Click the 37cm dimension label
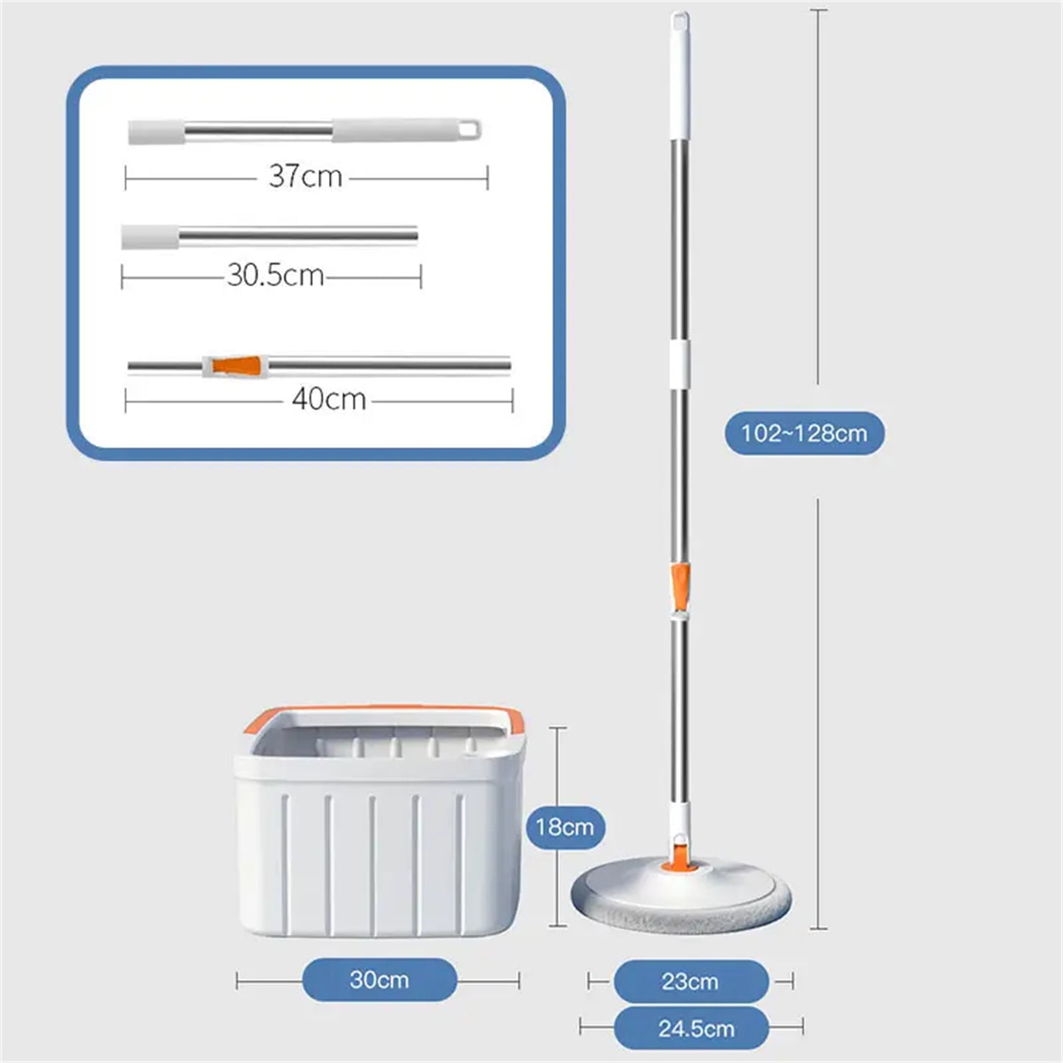coord(305,177)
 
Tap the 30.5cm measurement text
coord(275,275)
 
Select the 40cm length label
coord(328,399)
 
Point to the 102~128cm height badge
coord(804,433)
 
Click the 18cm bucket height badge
coord(565,827)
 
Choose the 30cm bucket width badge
coord(379,980)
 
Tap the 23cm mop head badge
coord(690,981)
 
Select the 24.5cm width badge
coord(695,1028)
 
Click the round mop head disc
coord(681,894)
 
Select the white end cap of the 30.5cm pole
coord(150,237)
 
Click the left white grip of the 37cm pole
coord(156,132)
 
